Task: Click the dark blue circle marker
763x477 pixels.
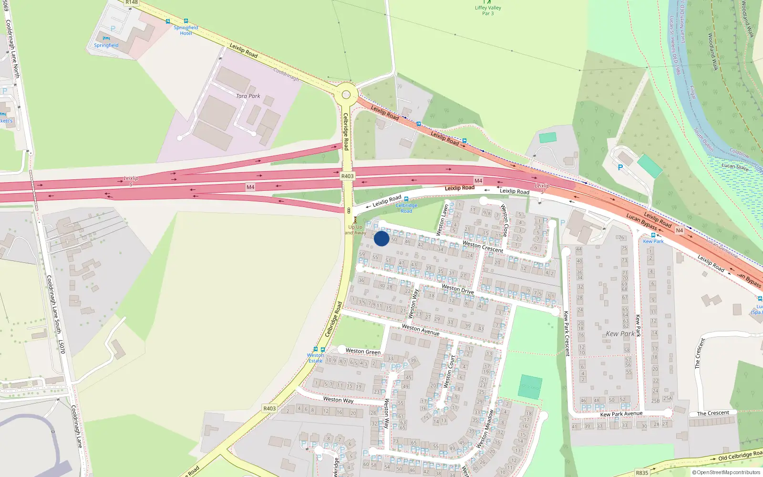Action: (x=381, y=238)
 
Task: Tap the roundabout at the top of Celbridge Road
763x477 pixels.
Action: (x=346, y=95)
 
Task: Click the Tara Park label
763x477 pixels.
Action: (x=248, y=96)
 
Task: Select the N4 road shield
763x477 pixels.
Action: (x=680, y=230)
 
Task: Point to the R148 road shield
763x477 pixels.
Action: (x=132, y=2)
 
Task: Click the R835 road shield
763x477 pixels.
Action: (x=642, y=473)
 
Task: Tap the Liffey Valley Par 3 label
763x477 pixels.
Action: (x=488, y=10)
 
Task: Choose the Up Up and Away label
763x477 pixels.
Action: (x=355, y=230)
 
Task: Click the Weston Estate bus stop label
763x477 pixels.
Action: (x=315, y=358)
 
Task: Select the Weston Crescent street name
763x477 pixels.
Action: (x=483, y=247)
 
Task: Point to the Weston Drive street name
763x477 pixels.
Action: (x=458, y=289)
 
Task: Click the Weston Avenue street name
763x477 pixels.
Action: (x=421, y=329)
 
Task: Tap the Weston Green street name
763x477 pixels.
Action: (x=363, y=352)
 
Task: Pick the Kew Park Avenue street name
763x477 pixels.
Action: (x=621, y=414)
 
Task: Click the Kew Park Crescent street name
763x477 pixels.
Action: (x=567, y=333)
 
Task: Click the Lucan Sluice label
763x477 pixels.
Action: (x=735, y=166)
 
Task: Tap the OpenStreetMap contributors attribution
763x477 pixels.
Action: (x=726, y=472)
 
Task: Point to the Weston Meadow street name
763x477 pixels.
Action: (x=485, y=429)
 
